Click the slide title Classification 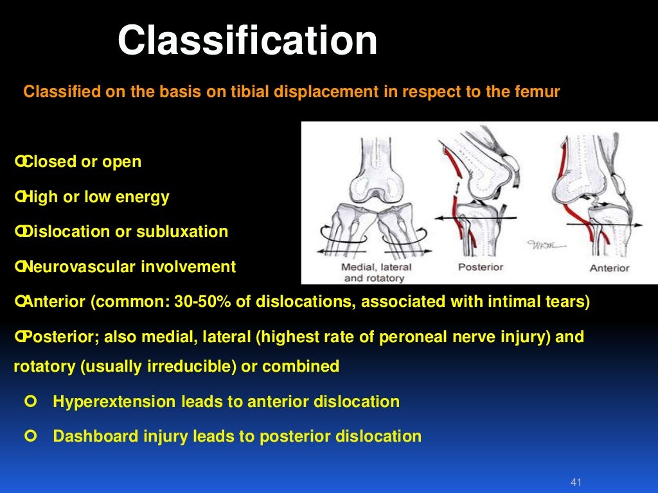[247, 41]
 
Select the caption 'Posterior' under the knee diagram [479, 267]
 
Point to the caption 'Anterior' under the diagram [610, 268]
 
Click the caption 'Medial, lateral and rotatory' [377, 272]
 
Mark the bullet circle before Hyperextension [28, 402]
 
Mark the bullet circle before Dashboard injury [28, 437]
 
